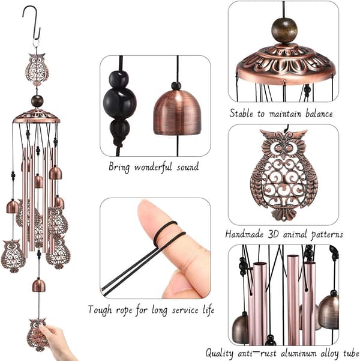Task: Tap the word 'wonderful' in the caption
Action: pyautogui.click(x=153, y=167)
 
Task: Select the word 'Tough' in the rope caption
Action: pyautogui.click(x=100, y=310)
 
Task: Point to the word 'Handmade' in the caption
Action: pyautogui.click(x=244, y=234)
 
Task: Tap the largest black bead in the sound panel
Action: pyautogui.click(x=119, y=103)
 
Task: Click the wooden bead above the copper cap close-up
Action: pyautogui.click(x=284, y=31)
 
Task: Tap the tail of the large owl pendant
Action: pyautogui.click(x=284, y=214)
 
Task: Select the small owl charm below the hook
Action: pyautogui.click(x=37, y=68)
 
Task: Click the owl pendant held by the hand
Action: pyautogui.click(x=36, y=335)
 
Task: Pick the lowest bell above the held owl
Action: pyautogui.click(x=38, y=285)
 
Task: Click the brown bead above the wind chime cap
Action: pyautogui.click(x=37, y=101)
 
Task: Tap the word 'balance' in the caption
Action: pyautogui.click(x=319, y=114)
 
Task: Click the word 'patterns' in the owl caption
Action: pyautogui.click(x=327, y=235)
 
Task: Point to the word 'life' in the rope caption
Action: pyautogui.click(x=209, y=309)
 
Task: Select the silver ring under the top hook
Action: pyautogui.click(x=36, y=43)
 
